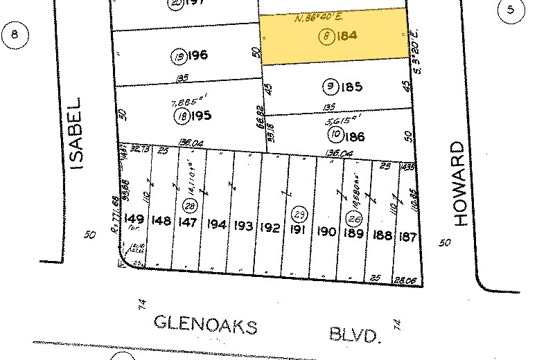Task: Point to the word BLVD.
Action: click(357, 336)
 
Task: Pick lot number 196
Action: click(197, 55)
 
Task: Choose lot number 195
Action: click(201, 116)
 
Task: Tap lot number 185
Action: click(353, 87)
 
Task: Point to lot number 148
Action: click(161, 221)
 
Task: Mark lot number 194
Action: click(217, 224)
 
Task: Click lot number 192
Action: click(270, 227)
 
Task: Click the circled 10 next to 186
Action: click(335, 135)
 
